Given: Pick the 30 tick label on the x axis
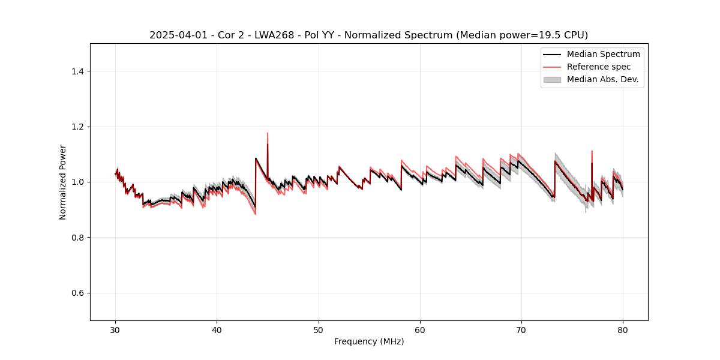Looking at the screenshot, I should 116,330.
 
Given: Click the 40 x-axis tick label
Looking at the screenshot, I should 217,330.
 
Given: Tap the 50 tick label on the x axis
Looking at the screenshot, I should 319,330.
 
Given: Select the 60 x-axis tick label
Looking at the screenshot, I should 420,330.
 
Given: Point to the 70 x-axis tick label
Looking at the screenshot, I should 521,330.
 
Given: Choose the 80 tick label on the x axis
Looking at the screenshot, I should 623,330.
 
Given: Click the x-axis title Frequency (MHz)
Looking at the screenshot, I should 369,341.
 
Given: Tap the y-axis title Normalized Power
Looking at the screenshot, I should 63,182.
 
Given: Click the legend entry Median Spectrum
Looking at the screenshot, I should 603,54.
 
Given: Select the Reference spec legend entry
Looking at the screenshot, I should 598,67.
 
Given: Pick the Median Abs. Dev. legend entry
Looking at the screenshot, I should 602,79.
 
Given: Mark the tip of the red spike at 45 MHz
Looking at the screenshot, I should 268,133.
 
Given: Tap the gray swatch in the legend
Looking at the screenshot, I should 552,79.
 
